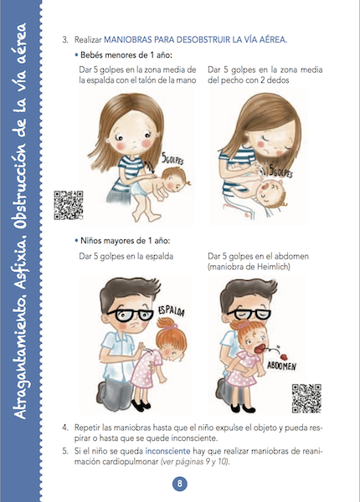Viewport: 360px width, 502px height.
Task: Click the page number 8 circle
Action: pos(179,483)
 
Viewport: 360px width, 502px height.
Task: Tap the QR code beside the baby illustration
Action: pos(68,205)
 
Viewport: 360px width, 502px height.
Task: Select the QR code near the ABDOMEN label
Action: pos(306,398)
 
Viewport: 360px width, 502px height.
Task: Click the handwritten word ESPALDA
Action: pos(171,311)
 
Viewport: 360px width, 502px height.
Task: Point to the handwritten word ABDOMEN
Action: pos(281,366)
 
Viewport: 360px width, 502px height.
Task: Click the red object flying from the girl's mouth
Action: pos(284,356)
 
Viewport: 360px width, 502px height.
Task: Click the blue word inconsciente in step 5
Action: pos(167,451)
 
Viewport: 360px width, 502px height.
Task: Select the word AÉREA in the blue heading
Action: pos(273,39)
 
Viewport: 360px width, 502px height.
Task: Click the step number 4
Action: pos(65,428)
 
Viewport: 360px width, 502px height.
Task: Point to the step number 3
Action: pos(65,39)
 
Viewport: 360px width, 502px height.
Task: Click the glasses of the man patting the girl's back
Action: pos(131,315)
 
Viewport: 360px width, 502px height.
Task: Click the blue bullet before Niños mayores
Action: pos(76,240)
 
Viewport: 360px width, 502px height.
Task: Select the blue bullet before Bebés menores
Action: pos(76,54)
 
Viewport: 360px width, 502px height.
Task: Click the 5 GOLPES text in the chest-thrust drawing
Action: pos(280,172)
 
